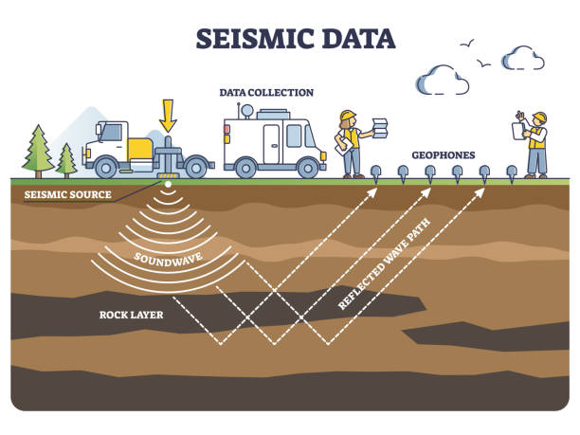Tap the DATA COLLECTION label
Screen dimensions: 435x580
tap(265, 93)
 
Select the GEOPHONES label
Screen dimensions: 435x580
tap(443, 154)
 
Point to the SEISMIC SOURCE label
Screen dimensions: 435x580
tap(67, 195)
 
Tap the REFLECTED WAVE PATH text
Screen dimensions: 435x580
tap(375, 275)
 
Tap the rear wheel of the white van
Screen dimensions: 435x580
tap(308, 168)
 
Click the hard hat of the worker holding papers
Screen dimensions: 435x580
tap(347, 117)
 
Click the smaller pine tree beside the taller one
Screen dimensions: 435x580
tap(66, 159)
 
